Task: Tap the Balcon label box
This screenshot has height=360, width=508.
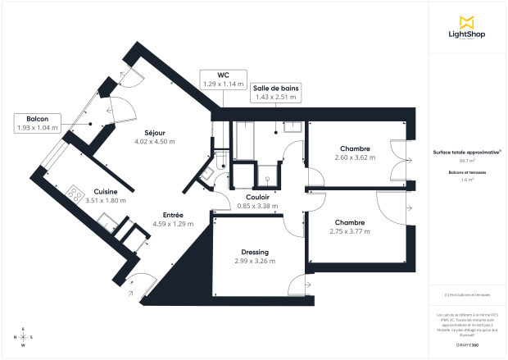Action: [38, 123]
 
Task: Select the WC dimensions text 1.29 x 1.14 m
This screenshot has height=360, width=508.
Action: [223, 84]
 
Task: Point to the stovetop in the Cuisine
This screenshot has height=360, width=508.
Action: [75, 194]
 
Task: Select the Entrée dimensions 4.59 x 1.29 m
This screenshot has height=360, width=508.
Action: [173, 223]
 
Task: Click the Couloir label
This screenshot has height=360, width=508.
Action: [257, 197]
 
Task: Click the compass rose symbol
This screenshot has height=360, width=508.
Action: [23, 337]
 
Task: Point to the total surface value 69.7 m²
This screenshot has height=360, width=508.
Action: [466, 162]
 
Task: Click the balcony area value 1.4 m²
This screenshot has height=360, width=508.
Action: [466, 179]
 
